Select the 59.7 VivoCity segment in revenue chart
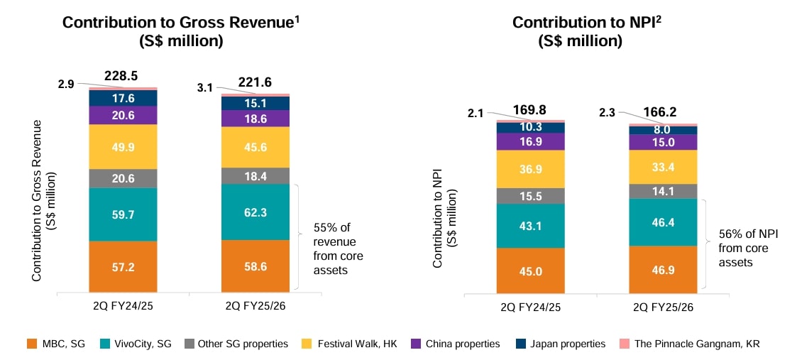point(123,214)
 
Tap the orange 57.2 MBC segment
point(123,266)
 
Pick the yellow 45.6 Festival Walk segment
point(255,147)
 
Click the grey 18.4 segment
point(255,175)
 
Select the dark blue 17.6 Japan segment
point(123,98)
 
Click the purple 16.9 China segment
point(530,141)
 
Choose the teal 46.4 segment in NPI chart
point(663,222)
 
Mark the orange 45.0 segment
point(530,271)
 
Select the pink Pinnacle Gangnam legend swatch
point(625,344)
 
